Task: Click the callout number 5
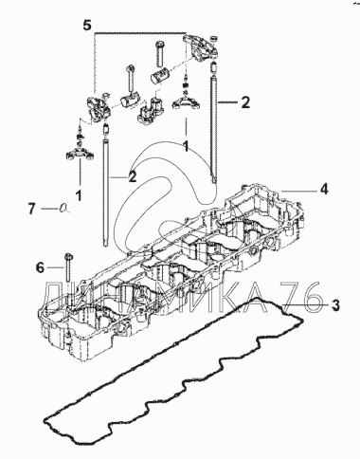click(87, 25)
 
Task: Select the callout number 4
click(323, 190)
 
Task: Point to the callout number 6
click(40, 268)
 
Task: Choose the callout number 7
click(31, 209)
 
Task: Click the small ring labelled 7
click(64, 208)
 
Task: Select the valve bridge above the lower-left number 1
click(80, 154)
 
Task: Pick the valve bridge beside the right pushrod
click(186, 101)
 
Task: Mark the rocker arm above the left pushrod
click(99, 107)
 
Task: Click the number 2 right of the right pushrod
click(244, 102)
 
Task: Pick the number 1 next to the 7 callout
click(79, 195)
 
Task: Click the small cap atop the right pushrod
click(214, 67)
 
